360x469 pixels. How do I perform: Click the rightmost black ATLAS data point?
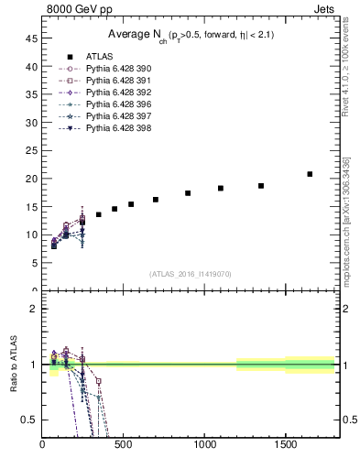click(310, 174)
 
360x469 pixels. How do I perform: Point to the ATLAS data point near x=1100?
click(221, 188)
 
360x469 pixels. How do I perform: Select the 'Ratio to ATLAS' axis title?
click(13, 365)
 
